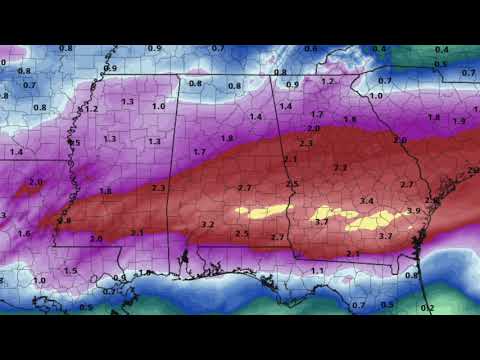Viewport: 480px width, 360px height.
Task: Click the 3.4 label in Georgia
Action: click(367, 201)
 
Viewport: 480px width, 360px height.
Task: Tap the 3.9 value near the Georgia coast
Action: click(413, 211)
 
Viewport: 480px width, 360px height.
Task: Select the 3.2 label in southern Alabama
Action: click(208, 225)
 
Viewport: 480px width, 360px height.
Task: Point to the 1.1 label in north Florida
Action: click(317, 271)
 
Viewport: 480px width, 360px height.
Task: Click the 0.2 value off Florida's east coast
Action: click(428, 307)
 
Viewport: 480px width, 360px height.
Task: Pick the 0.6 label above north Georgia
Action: click(310, 49)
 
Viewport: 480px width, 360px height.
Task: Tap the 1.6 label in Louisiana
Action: click(24, 233)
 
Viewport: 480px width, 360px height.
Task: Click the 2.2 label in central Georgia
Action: click(340, 168)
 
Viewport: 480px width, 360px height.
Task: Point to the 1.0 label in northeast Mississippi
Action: click(158, 106)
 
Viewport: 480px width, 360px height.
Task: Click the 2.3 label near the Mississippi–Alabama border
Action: click(158, 188)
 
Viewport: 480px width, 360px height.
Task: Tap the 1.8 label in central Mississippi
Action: click(105, 190)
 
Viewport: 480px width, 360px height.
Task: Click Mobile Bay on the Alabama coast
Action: click(186, 262)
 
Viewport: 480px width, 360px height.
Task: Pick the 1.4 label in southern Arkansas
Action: click(16, 152)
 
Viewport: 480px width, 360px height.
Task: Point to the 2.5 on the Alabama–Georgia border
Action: click(292, 185)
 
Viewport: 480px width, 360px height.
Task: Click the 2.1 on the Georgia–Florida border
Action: click(352, 255)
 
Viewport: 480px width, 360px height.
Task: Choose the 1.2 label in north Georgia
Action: click(327, 82)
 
